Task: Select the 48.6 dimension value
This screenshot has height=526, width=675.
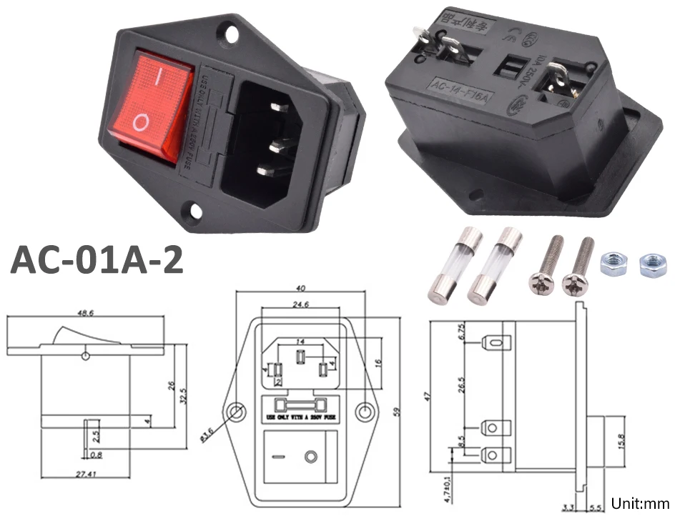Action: pos(86,312)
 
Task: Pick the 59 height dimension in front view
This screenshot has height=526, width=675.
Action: pos(398,411)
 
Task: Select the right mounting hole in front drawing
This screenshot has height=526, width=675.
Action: pos(365,412)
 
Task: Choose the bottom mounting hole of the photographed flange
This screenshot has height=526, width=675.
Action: pos(193,211)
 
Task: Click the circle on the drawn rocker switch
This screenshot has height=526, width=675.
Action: pos(310,456)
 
